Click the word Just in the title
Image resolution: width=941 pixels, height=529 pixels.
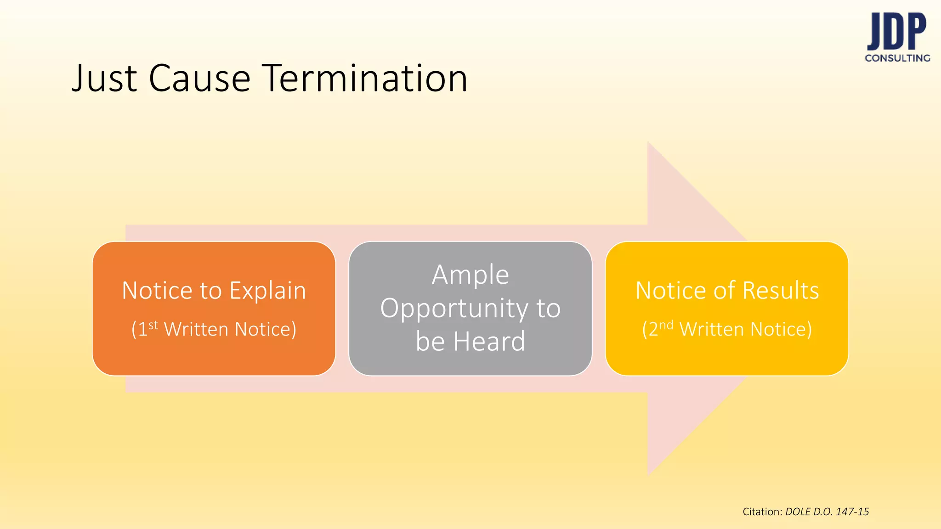coord(104,78)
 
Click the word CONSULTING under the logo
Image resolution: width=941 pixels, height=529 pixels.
coord(897,58)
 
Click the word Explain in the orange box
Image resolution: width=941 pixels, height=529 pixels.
coord(267,291)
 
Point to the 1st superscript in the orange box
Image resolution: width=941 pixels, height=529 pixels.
coord(153,326)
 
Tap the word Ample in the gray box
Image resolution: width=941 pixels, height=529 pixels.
coord(470,275)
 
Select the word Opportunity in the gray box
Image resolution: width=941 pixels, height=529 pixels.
coord(454,309)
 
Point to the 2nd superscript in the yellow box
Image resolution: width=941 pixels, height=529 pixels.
coord(666,326)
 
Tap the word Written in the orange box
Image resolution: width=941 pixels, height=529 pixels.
coord(196,329)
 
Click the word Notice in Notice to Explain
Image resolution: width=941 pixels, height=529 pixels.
coord(157,291)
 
